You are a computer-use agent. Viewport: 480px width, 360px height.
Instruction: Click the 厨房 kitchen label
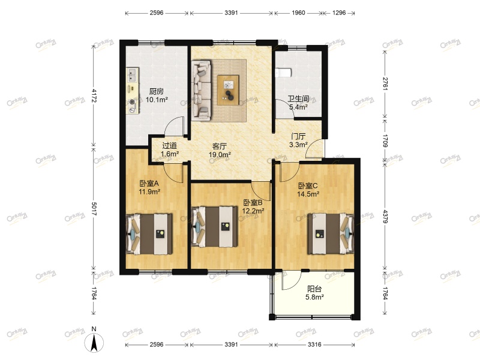(157, 91)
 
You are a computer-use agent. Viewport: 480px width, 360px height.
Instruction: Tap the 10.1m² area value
(157, 100)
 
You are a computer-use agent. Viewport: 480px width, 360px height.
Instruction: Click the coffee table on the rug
(229, 90)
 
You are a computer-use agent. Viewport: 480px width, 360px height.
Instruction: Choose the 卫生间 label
(298, 99)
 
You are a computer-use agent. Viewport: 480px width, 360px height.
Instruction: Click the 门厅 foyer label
(299, 136)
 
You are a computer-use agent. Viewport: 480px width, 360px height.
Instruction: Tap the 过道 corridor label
(169, 145)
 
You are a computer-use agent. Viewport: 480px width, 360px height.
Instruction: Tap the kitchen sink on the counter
(132, 76)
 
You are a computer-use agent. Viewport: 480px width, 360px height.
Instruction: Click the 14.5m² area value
(308, 194)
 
